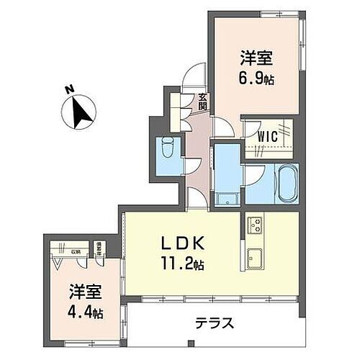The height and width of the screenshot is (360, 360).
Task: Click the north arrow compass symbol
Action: point(80,112)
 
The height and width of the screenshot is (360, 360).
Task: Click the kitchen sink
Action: point(256,256)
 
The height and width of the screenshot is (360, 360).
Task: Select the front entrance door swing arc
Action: point(192,75)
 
